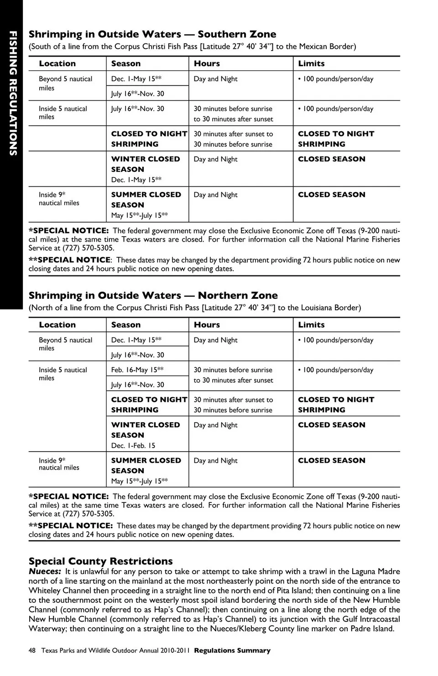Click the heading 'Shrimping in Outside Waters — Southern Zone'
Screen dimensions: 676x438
pos(152,34)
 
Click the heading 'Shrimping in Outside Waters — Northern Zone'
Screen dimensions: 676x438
pos(153,296)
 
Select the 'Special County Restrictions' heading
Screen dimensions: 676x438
pos(101,561)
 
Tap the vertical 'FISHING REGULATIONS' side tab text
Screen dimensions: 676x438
pos(12,94)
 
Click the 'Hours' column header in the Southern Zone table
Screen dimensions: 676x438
pos(207,63)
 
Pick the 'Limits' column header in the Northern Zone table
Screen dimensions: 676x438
pos(311,325)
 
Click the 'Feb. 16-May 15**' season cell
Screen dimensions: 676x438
pos(137,370)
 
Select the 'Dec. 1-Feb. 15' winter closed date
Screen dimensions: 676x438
pos(133,445)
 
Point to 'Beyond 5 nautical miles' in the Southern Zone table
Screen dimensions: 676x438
pos(65,83)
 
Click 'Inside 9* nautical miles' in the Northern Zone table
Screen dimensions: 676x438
pos(59,464)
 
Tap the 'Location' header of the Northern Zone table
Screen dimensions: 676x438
pos(57,325)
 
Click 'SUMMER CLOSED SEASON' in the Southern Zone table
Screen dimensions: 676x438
pos(146,200)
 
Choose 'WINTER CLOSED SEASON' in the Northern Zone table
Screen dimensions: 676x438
pos(146,430)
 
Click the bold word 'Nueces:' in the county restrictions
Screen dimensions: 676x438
pos(45,571)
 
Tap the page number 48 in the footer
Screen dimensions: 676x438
pos(32,650)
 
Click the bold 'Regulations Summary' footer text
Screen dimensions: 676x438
pos(232,650)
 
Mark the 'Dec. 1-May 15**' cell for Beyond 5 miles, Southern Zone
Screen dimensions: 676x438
pos(136,79)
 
